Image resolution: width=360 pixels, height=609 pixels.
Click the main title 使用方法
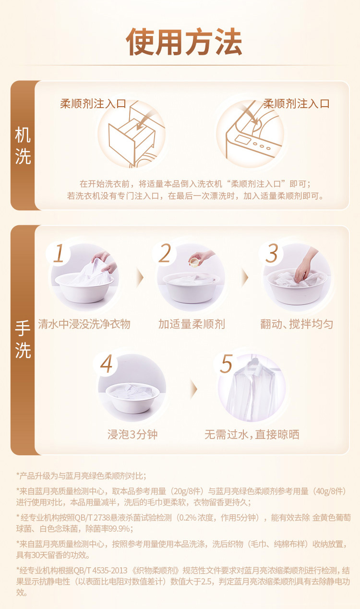(x=184, y=42)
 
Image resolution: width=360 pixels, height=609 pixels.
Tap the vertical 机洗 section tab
(x=23, y=146)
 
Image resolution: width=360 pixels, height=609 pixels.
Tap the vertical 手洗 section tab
(x=23, y=340)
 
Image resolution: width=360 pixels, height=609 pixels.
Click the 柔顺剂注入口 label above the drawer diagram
(x=93, y=104)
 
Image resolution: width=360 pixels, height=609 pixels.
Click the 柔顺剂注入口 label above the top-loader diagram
(x=297, y=104)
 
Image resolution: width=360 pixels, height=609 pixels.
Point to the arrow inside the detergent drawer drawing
(x=144, y=122)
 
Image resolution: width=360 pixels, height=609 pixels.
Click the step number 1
(x=59, y=254)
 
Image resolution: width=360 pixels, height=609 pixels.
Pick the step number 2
(x=165, y=254)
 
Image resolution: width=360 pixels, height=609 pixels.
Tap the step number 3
(x=271, y=254)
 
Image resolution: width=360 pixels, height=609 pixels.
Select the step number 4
(x=106, y=364)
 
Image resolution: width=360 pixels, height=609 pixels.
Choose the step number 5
(x=226, y=364)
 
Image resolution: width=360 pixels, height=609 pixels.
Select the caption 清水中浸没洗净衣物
(x=84, y=324)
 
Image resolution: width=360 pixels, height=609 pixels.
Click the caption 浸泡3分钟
(x=132, y=435)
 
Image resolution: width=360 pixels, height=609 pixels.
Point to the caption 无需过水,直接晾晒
(x=252, y=435)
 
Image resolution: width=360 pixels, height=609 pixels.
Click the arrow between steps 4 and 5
(x=193, y=389)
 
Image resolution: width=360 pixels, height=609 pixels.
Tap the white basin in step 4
(x=132, y=398)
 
